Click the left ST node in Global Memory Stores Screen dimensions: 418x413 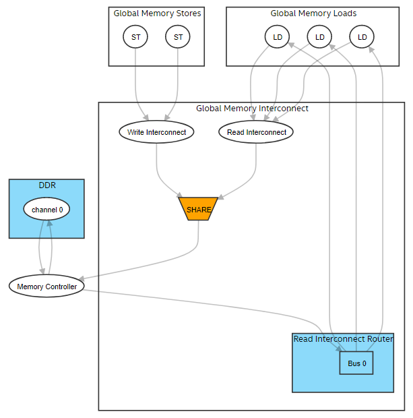[135, 37]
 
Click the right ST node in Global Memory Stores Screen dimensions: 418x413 [178, 37]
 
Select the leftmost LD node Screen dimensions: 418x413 [277, 37]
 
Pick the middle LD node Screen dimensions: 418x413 [319, 37]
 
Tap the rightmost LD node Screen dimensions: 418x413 [362, 37]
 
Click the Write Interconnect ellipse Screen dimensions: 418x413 [156, 132]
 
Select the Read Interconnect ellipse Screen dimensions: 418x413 [256, 132]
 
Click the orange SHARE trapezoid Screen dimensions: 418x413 [198, 209]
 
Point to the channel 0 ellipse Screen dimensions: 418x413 [46, 210]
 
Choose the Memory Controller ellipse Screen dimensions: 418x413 [46, 287]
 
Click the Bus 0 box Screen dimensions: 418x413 [356, 363]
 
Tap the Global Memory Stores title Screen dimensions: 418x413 [157, 13]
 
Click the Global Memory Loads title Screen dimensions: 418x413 [313, 13]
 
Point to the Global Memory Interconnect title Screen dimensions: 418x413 [252, 108]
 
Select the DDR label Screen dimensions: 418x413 [46, 185]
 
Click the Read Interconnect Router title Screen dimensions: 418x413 [343, 338]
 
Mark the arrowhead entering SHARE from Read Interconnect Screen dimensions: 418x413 [218, 196]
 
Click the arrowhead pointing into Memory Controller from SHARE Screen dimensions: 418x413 [81, 278]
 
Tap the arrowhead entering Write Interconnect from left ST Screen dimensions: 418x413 [144, 119]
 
